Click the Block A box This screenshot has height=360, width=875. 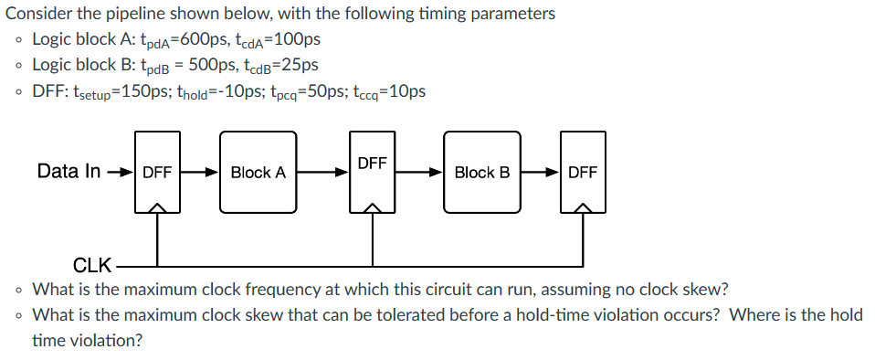coord(258,172)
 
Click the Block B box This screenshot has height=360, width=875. coord(481,172)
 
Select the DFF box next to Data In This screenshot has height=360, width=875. coord(158,172)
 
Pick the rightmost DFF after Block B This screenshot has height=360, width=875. coord(582,172)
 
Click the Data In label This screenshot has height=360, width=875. coord(69,171)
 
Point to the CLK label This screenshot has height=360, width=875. coord(91,266)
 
